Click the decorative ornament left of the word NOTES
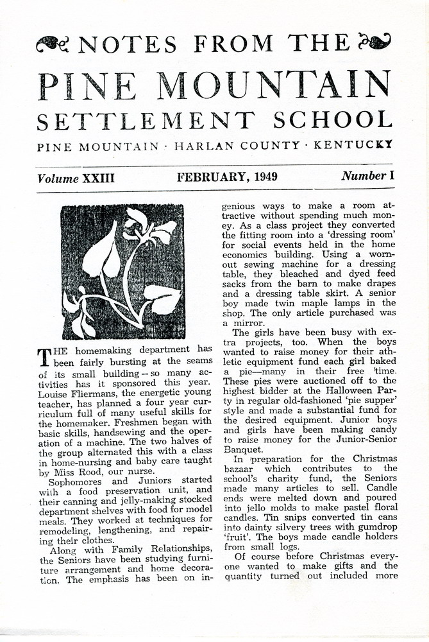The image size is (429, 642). [52, 44]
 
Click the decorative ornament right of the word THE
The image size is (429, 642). [375, 42]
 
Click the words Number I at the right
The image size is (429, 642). [364, 177]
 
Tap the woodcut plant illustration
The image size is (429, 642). [122, 272]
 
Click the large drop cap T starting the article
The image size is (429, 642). [44, 356]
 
